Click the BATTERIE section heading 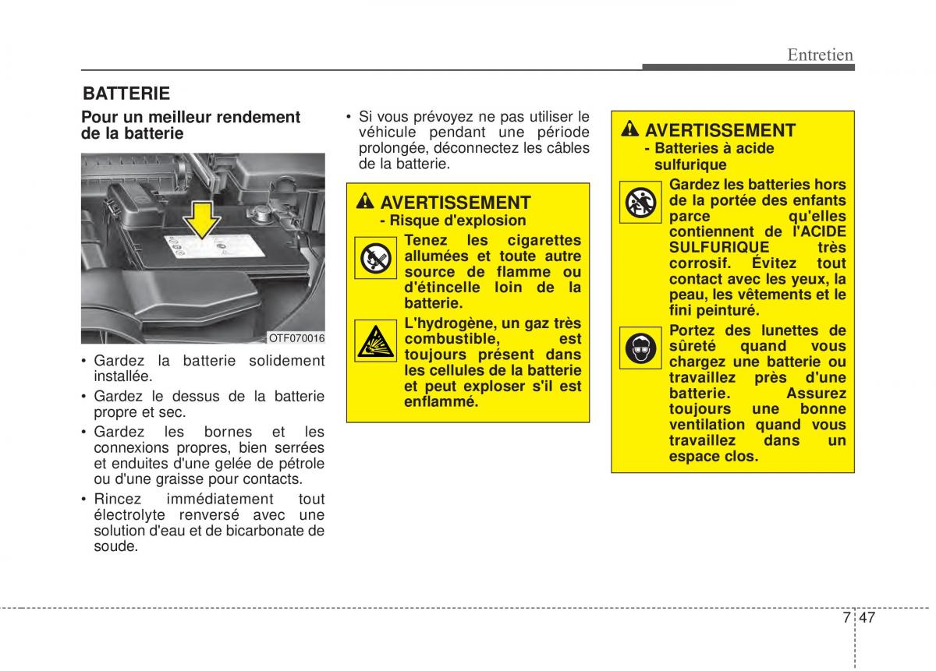click(x=126, y=94)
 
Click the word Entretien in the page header click(x=820, y=55)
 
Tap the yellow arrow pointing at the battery click(x=202, y=219)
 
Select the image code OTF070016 click(x=296, y=338)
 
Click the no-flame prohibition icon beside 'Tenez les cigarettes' click(x=375, y=258)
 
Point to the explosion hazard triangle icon click(x=375, y=341)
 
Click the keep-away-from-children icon click(x=640, y=203)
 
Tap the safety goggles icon click(x=640, y=348)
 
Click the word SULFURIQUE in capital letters click(x=708, y=247)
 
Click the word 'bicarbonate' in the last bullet click(x=268, y=531)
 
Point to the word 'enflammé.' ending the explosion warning click(x=441, y=402)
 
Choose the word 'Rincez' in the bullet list click(x=116, y=499)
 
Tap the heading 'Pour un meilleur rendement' click(x=191, y=117)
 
